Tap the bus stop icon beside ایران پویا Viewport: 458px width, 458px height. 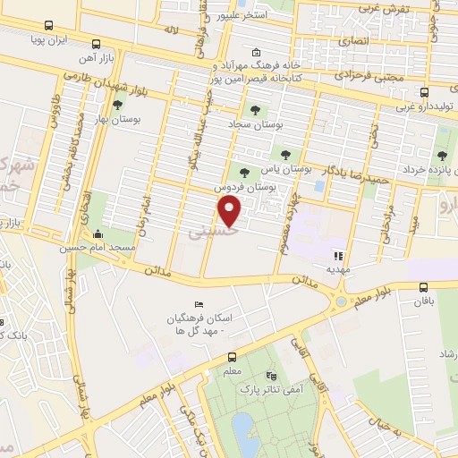pos(96,42)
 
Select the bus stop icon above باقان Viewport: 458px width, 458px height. pos(424,287)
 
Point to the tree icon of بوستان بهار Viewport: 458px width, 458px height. pos(117,105)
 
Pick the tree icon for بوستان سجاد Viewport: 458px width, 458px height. pos(258,111)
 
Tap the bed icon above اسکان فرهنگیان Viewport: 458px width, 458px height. pos(199,305)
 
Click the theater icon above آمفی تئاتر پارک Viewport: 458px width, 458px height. pos(272,377)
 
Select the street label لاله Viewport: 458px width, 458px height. pos(172,30)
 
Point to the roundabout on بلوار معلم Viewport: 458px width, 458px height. pos(342,301)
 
